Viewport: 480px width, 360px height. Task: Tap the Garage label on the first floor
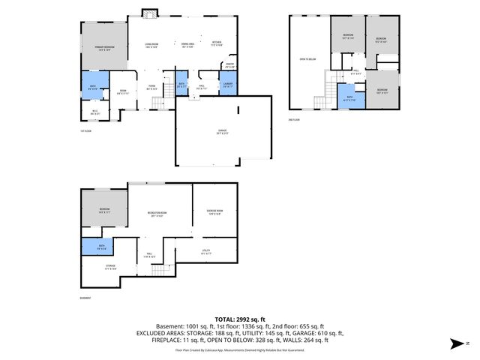223,132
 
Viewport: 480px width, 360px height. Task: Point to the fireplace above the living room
149,13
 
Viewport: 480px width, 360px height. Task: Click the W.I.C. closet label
95,114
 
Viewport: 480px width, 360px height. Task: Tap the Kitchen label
216,43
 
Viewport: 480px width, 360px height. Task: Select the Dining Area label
188,43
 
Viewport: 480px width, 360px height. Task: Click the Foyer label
151,86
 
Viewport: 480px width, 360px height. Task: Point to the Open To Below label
307,59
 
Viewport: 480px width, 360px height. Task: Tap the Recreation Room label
157,214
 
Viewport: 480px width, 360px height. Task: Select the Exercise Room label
214,212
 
